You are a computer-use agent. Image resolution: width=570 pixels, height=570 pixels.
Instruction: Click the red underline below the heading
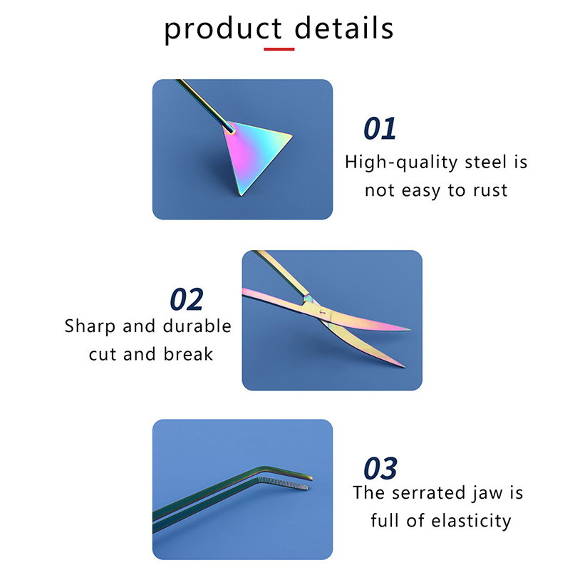(x=279, y=49)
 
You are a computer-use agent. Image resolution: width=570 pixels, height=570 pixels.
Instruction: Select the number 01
(x=380, y=129)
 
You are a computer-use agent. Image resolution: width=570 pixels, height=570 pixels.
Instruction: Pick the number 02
(x=187, y=300)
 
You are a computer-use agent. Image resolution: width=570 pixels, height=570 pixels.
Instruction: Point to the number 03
(x=380, y=469)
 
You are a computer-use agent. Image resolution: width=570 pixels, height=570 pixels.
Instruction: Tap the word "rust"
(x=489, y=190)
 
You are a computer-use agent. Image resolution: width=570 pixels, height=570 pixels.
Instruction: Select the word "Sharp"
(x=90, y=326)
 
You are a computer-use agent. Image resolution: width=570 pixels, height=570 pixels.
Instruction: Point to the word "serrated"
(x=428, y=492)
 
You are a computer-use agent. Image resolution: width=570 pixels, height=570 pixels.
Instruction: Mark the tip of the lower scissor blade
(x=403, y=366)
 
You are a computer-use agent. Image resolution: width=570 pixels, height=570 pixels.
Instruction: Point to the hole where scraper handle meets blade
(x=229, y=129)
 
